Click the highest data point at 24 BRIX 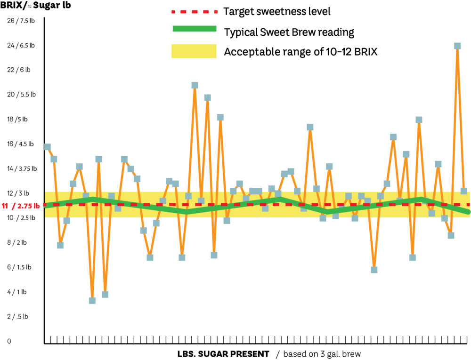click(457, 46)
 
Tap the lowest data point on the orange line click(92, 300)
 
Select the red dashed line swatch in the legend click(195, 11)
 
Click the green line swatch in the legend click(195, 29)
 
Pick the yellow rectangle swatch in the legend click(195, 51)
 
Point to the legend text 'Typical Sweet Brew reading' click(289, 32)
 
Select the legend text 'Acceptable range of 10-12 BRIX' click(300, 51)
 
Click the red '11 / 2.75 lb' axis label click(21, 205)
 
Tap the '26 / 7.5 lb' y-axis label click(21, 21)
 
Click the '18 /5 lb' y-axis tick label click(19, 119)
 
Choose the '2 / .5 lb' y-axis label click(17, 316)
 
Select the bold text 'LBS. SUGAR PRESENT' click(223, 353)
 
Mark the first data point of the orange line click(47, 147)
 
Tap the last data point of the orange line click(463, 191)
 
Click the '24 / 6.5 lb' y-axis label click(21, 46)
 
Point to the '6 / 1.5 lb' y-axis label click(19, 267)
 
